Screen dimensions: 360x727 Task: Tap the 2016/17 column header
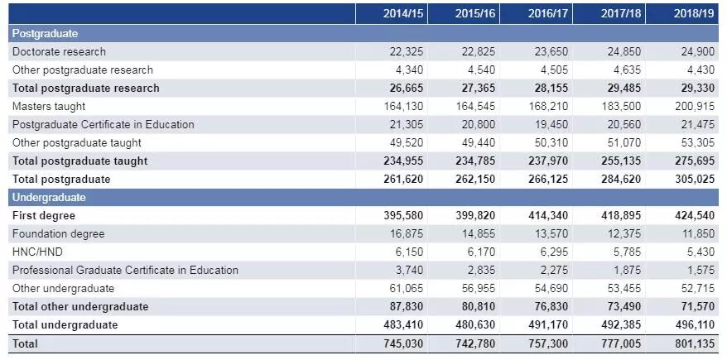pos(546,14)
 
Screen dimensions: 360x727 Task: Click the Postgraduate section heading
pos(45,33)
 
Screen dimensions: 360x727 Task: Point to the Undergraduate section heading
pos(49,197)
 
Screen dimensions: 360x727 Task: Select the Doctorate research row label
pos(59,51)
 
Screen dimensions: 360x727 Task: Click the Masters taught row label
pos(49,106)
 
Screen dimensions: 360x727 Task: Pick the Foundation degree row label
pos(58,233)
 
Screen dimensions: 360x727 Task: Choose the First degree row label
pos(44,215)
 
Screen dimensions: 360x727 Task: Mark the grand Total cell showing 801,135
pos(693,343)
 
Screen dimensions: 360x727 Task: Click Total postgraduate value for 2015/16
pos(476,179)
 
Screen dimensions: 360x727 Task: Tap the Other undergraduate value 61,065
pos(407,288)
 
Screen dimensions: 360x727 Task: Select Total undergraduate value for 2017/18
pos(621,324)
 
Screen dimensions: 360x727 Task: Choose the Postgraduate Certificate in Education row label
pos(104,124)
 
